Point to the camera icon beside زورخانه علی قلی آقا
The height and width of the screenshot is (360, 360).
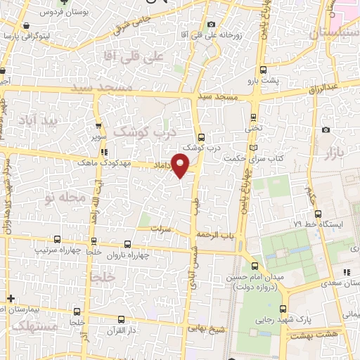[x=212, y=25]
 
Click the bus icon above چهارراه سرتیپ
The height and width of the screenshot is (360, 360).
[x=57, y=240]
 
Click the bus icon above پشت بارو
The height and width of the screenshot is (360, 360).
[x=264, y=69]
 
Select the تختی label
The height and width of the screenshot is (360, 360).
[x=252, y=129]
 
